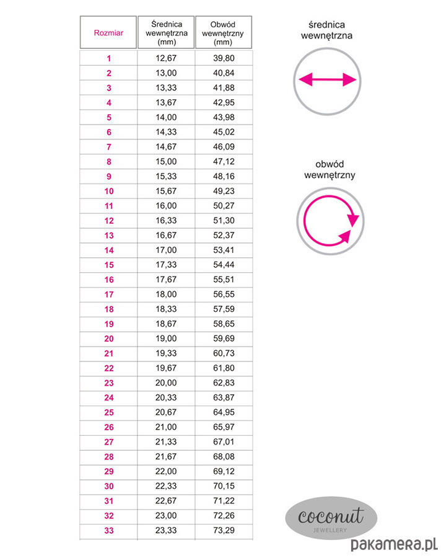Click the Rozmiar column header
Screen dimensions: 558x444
click(x=108, y=33)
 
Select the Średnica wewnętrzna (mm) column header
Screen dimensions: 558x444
click(x=167, y=33)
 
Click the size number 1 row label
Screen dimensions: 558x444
click(x=109, y=59)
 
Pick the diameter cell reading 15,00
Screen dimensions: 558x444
click(x=167, y=161)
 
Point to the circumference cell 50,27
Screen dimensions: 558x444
click(x=224, y=205)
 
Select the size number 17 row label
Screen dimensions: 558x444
click(x=109, y=294)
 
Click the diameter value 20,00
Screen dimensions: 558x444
click(x=167, y=383)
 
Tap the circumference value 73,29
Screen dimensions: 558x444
click(x=224, y=530)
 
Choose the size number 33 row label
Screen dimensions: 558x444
click(x=109, y=530)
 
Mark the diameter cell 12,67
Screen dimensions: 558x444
click(x=167, y=59)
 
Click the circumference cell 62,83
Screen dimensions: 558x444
click(x=224, y=383)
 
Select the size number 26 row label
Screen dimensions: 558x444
click(x=109, y=427)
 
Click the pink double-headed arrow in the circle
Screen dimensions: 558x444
click(x=326, y=80)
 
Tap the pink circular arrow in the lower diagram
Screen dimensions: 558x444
click(x=328, y=221)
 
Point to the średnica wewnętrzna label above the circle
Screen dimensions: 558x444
click(x=326, y=30)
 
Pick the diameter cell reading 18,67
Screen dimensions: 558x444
click(x=167, y=324)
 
